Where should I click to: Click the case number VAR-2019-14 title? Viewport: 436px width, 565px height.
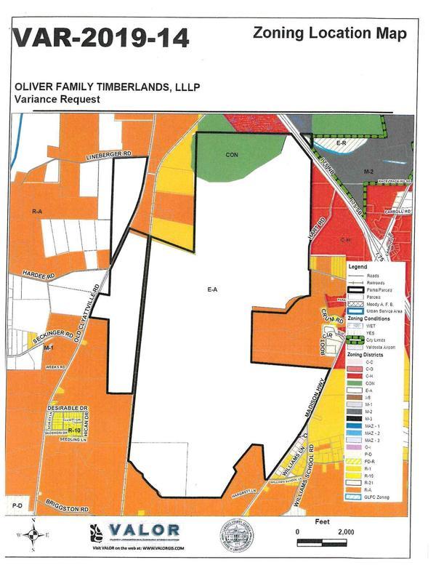[102, 37]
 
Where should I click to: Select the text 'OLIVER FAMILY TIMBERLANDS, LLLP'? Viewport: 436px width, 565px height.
[107, 87]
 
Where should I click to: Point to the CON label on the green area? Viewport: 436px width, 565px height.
[232, 154]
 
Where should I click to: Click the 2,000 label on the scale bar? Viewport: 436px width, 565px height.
[345, 532]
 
